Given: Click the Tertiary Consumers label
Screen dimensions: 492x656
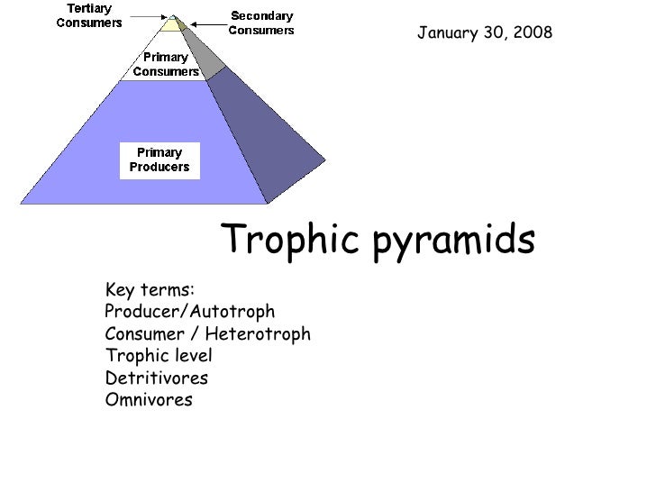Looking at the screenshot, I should click(89, 15).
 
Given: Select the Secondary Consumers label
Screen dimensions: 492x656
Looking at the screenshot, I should click(261, 23).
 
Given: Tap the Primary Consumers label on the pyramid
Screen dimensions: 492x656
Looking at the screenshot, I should click(166, 64).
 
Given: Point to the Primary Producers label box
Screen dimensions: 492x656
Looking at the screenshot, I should click(159, 159).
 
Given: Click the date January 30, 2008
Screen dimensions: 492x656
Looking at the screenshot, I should click(484, 33).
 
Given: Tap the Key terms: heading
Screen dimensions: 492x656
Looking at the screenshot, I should click(150, 290).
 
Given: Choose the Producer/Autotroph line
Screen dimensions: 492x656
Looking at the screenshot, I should click(189, 312).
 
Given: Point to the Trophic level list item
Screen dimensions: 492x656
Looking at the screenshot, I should click(159, 356).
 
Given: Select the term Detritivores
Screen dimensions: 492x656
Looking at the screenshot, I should click(157, 378).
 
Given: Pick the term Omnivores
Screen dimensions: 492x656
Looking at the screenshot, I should click(149, 400).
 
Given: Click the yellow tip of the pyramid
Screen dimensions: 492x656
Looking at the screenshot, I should click(170, 24).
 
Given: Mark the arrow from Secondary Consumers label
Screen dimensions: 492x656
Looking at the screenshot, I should click(203, 23).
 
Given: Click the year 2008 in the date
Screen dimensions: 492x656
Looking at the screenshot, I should click(532, 33).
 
